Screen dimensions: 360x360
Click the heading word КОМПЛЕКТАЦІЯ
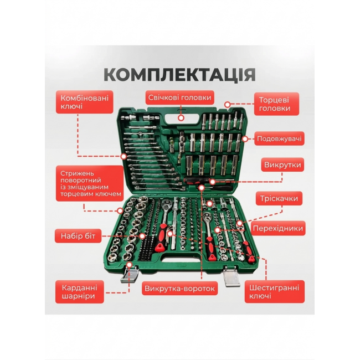(x=180, y=74)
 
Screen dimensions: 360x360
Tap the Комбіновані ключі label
(x=85, y=102)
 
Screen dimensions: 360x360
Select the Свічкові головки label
(x=180, y=97)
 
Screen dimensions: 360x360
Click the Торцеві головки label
(x=276, y=104)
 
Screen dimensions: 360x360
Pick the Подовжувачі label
(x=279, y=138)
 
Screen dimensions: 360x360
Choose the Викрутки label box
(x=282, y=164)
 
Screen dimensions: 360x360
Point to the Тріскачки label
(x=279, y=198)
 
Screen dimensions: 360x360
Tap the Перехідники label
(x=278, y=228)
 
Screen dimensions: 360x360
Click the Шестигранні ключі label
(x=274, y=291)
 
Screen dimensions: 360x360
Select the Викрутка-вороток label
(x=179, y=289)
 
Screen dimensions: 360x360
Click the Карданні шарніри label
(x=79, y=291)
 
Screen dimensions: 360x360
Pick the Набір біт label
(x=78, y=236)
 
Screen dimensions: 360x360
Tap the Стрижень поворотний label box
(x=90, y=183)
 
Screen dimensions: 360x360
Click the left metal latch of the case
(x=129, y=274)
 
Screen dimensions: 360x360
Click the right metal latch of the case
(x=232, y=277)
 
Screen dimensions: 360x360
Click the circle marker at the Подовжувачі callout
(x=245, y=138)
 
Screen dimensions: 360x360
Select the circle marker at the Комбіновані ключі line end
(x=124, y=157)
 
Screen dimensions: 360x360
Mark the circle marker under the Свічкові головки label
(x=181, y=118)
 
